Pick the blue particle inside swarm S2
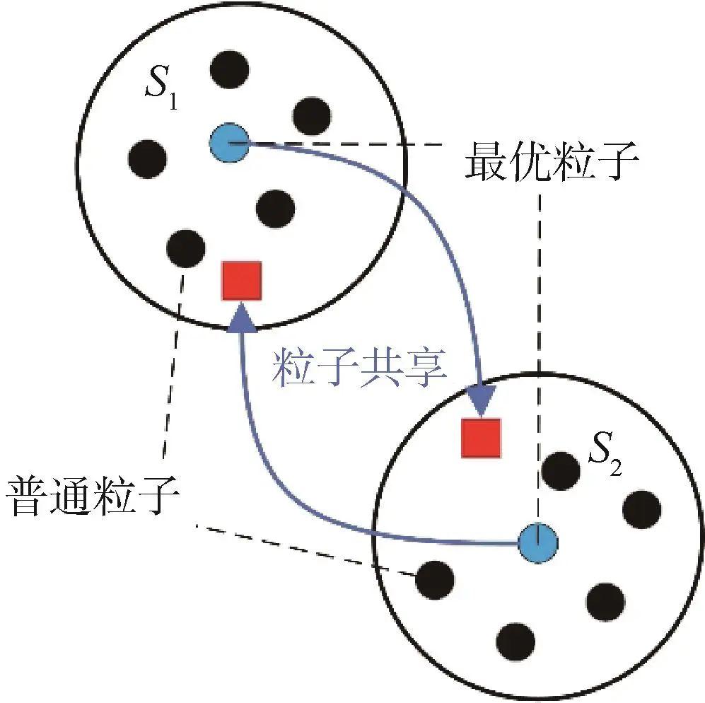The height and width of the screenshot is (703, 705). pyautogui.click(x=538, y=542)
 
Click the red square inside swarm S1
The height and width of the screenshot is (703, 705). pyautogui.click(x=242, y=280)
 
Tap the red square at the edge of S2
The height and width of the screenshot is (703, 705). pyautogui.click(x=481, y=437)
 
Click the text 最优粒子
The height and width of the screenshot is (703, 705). pyautogui.click(x=552, y=163)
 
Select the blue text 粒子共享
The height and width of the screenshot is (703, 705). pyautogui.click(x=361, y=368)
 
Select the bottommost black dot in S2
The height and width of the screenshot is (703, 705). pyautogui.click(x=515, y=641)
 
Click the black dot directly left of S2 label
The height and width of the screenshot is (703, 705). pyautogui.click(x=561, y=467)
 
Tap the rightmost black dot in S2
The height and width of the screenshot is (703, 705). pyautogui.click(x=642, y=508)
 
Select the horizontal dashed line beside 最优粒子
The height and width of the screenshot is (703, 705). pyautogui.click(x=354, y=144)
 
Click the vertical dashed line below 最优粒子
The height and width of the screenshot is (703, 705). pyautogui.click(x=540, y=354)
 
